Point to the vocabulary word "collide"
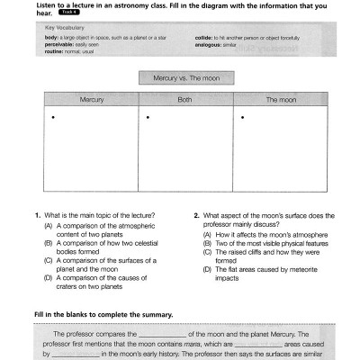pyautogui.click(x=202, y=39)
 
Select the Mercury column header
pyautogui.click(x=92, y=100)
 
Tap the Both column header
pyautogui.click(x=184, y=100)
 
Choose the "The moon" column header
pyautogui.click(x=280, y=100)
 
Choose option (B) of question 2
pyautogui.click(x=207, y=243)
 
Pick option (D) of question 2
pyautogui.click(x=207, y=269)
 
